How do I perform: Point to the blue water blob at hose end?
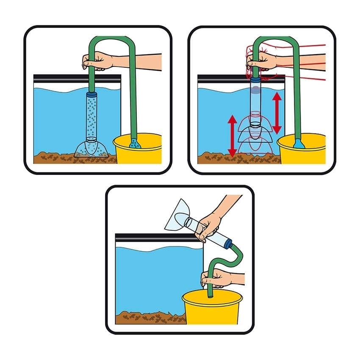click(x=299, y=143)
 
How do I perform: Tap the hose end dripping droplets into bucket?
click(x=135, y=143)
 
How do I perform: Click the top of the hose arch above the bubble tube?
click(x=108, y=39)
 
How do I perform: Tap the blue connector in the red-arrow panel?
click(x=255, y=79)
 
